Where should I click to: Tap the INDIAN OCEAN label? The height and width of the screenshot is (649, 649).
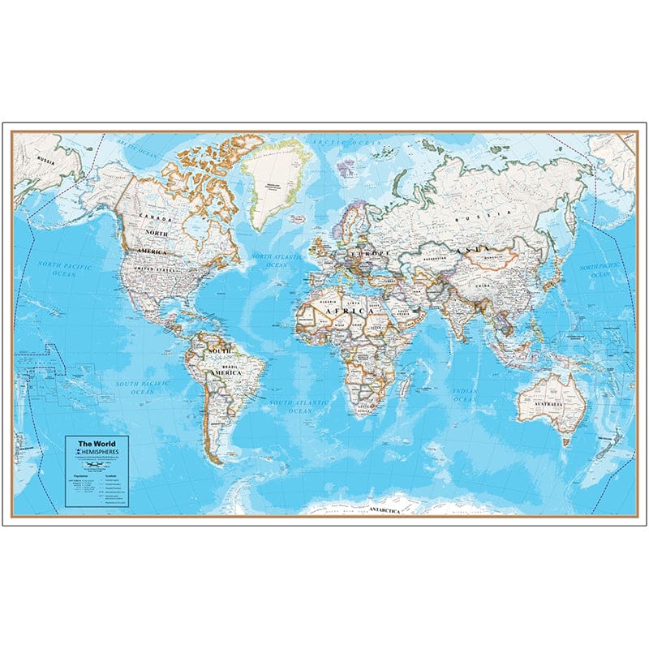[x=465, y=395]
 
